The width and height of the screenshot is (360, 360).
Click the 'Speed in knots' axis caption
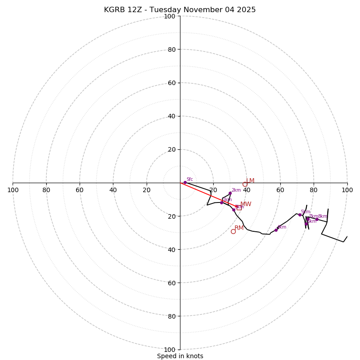pyautogui.click(x=180, y=356)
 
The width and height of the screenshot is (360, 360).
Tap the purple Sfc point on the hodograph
pyautogui.click(x=184, y=182)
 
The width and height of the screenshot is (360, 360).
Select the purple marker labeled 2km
pyautogui.click(x=230, y=193)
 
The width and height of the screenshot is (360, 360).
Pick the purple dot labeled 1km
pyautogui.click(x=221, y=202)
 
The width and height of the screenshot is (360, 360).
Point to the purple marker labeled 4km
pyautogui.click(x=276, y=230)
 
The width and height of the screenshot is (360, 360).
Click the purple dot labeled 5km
pyautogui.click(x=300, y=215)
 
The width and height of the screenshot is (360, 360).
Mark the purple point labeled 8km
pyautogui.click(x=317, y=219)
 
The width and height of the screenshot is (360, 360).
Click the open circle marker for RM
pyautogui.click(x=233, y=232)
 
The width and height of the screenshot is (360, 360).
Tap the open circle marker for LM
pyautogui.click(x=245, y=184)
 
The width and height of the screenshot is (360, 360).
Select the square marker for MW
pyautogui.click(x=239, y=207)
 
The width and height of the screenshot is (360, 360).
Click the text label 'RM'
pyautogui.click(x=239, y=228)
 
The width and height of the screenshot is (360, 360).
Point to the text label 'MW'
pyautogui.click(x=246, y=204)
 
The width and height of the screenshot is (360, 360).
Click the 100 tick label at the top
pyautogui.click(x=170, y=16)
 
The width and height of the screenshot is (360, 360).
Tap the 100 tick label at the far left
pyautogui.click(x=13, y=190)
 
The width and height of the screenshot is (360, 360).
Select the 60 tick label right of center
pyautogui.click(x=280, y=190)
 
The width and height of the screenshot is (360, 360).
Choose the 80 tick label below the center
pyautogui.click(x=171, y=316)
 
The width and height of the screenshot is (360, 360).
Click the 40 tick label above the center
pyautogui.click(x=171, y=116)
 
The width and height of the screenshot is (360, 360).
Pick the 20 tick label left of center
pyautogui.click(x=147, y=190)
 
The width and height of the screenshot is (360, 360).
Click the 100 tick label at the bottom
pyautogui.click(x=170, y=349)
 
